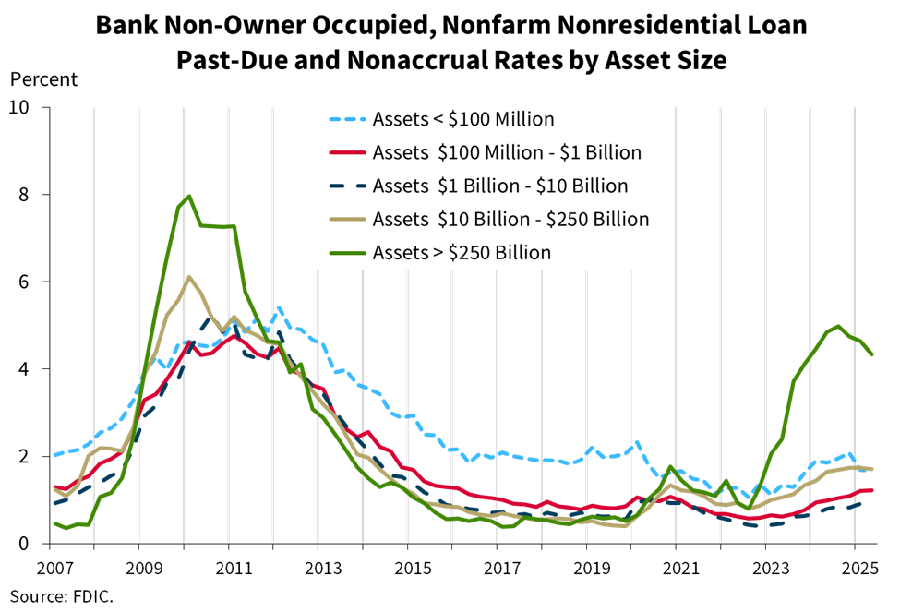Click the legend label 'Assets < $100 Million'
coord(463,119)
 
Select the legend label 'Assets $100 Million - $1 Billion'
coord(507,152)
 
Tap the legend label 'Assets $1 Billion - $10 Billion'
coord(500,186)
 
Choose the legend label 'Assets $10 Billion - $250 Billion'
coord(510,219)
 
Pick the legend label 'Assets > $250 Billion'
coord(462,252)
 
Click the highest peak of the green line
coord(189,196)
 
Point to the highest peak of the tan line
coord(189,276)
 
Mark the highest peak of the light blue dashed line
coord(279,308)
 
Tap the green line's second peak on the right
coord(838,326)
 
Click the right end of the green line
coord(872,354)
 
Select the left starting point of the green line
coord(54,522)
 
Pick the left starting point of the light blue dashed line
coord(54,454)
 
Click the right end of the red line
coord(872,489)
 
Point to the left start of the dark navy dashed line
coord(54,503)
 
